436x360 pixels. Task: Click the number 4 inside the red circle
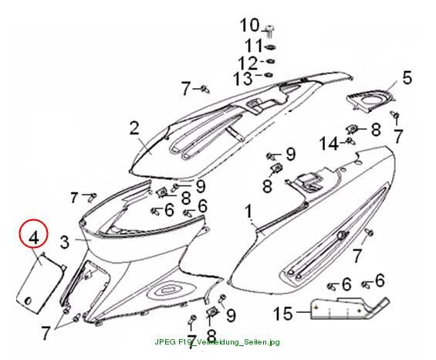[34, 238]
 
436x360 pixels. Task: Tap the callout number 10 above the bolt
[249, 25]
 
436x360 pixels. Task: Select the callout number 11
[254, 46]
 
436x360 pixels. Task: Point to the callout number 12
[248, 63]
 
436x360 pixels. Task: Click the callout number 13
[243, 79]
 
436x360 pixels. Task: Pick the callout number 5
[407, 78]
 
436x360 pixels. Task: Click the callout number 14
[329, 144]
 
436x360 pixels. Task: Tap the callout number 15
[283, 313]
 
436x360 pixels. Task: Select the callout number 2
[134, 128]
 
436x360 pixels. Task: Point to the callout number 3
[65, 242]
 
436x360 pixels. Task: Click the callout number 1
[248, 212]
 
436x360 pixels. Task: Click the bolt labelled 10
[269, 31]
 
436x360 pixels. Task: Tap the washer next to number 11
[270, 48]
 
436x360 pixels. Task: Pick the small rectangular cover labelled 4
[40, 282]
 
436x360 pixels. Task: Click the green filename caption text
[217, 341]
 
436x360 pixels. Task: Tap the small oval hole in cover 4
[28, 301]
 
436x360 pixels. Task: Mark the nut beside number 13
[269, 75]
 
